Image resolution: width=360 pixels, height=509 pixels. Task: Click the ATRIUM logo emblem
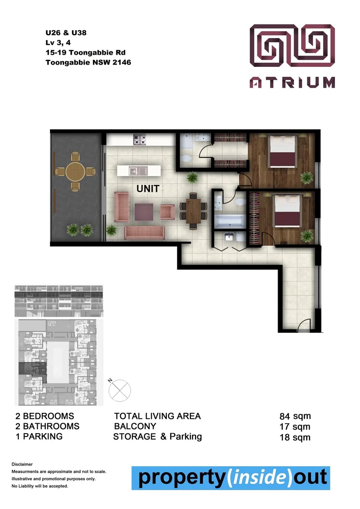[x=292, y=48]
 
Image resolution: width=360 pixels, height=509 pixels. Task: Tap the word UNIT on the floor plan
[x=148, y=189]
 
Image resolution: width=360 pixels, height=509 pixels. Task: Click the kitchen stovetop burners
[x=139, y=140]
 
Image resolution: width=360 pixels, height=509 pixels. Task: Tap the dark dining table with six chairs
[x=193, y=210]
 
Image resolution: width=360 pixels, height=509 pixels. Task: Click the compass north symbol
[x=120, y=389]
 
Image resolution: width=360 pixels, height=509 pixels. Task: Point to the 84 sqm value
[x=295, y=416]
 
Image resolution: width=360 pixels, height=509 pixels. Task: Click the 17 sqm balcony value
[x=295, y=427]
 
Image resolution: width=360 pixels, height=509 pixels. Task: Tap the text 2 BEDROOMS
[x=45, y=416]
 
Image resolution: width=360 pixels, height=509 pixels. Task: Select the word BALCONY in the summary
[x=135, y=426]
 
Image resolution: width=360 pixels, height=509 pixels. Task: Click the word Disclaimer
[x=22, y=464]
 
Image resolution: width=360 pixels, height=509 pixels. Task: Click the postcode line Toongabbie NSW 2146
[x=88, y=62]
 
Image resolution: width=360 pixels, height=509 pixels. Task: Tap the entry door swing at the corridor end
[x=304, y=325]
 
